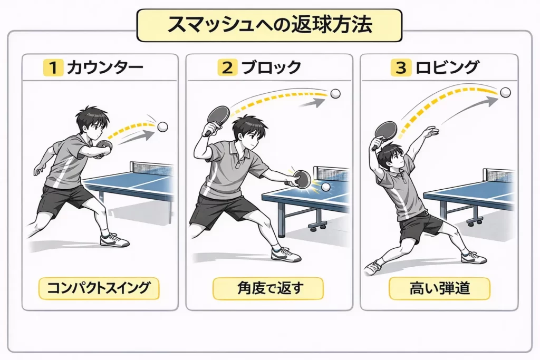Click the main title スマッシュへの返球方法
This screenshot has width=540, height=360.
[269, 25]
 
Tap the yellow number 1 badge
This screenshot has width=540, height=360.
[53, 67]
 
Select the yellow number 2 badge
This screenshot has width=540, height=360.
[227, 67]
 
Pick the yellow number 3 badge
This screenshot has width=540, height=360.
[401, 67]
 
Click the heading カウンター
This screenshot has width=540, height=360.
[105, 67]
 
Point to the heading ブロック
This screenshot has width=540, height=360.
[272, 67]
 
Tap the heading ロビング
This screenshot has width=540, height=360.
[447, 67]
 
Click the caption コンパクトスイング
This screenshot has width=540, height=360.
[99, 288]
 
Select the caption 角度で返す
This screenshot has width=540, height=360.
[268, 288]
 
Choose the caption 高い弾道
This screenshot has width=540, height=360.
[440, 288]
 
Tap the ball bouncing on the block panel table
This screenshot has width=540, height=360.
[325, 187]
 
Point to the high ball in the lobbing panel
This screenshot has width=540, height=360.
[506, 93]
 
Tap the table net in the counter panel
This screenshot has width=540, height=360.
[151, 169]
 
